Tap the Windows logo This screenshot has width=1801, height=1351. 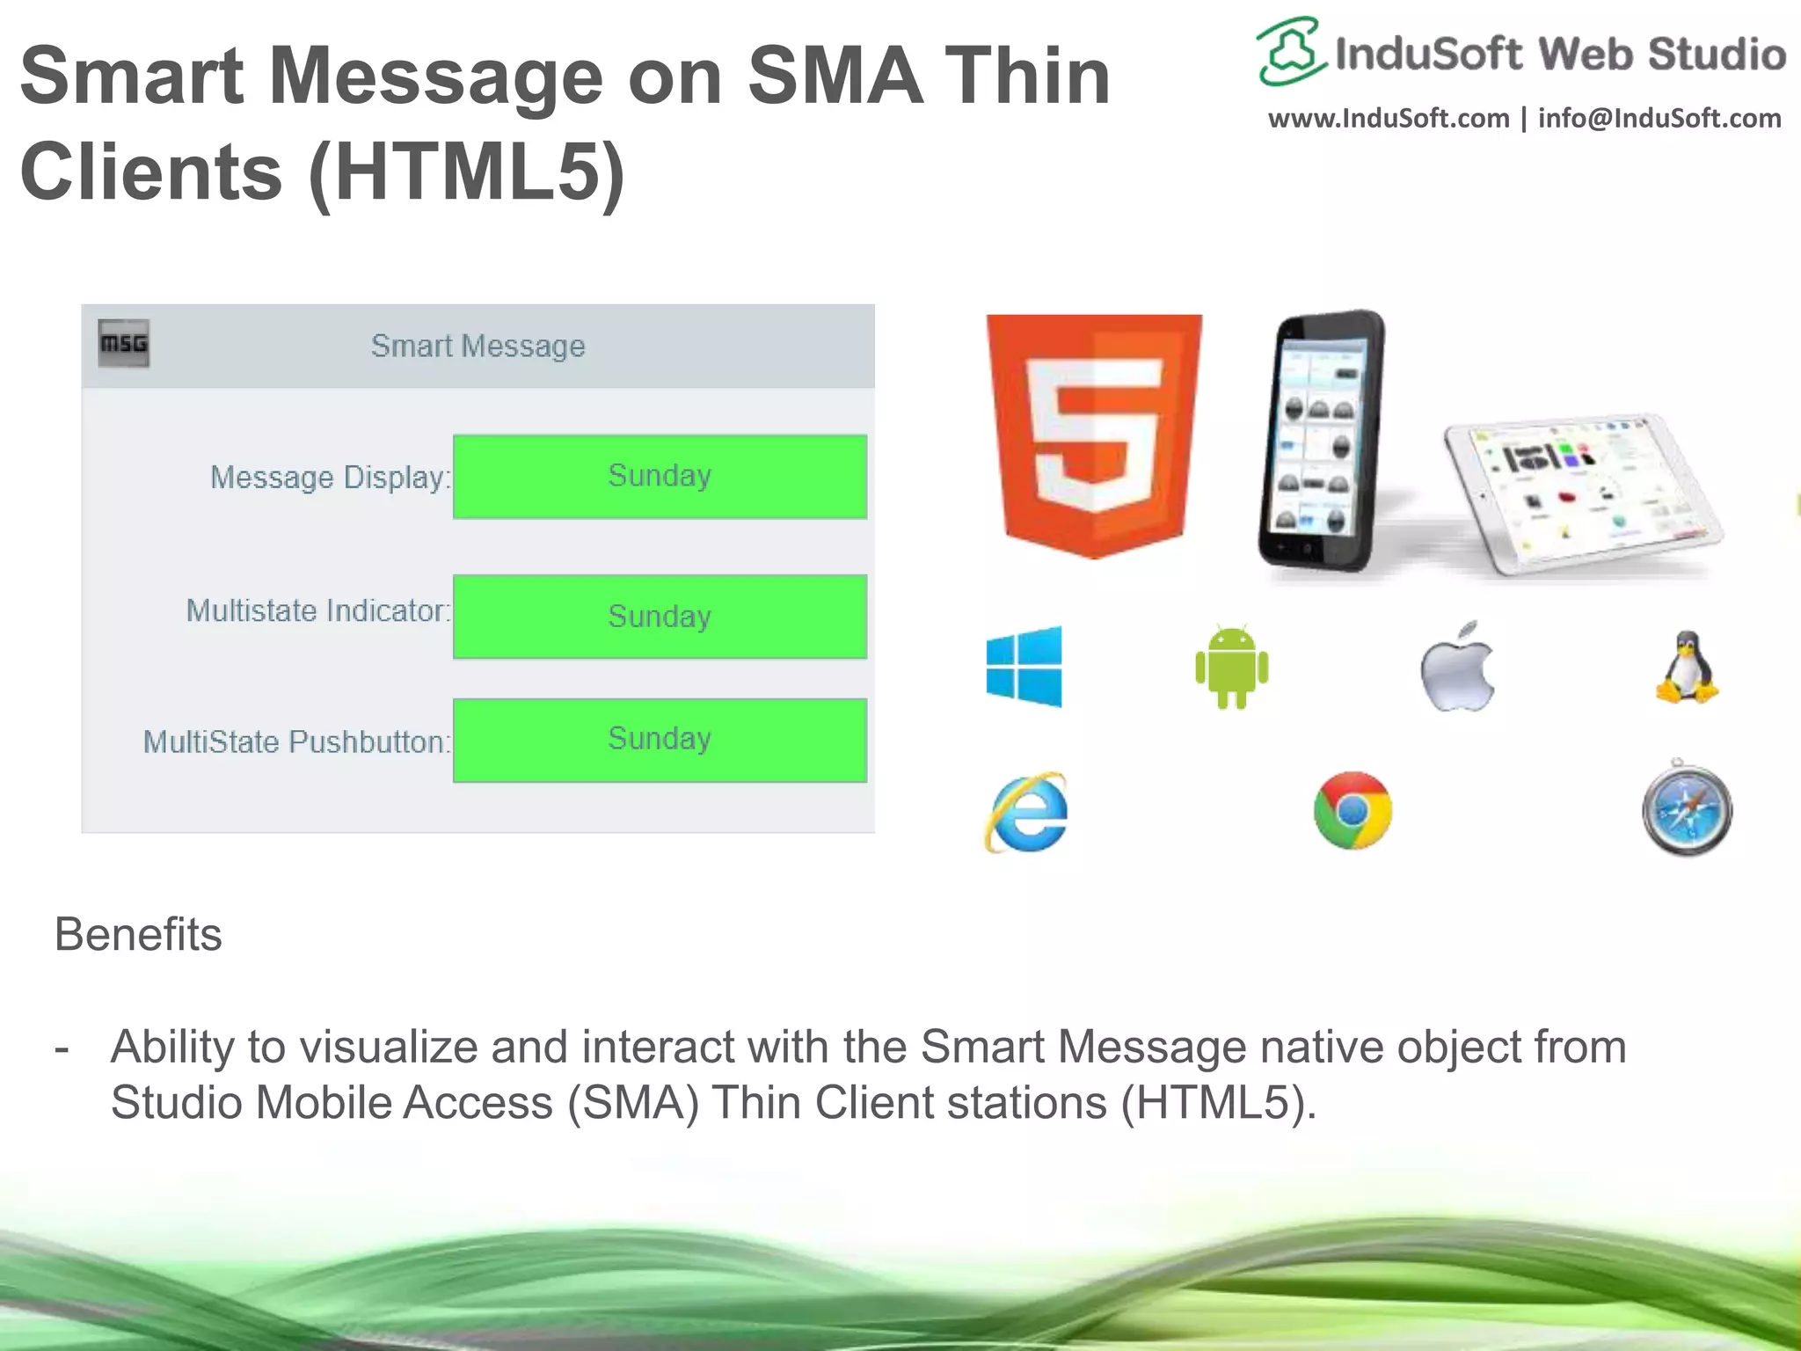coord(1024,666)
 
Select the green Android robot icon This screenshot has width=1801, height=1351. coord(1231,667)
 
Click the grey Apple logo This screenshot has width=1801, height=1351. coord(1457,668)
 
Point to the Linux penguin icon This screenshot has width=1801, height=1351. coord(1687,668)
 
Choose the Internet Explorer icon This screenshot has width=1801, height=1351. coord(1026,812)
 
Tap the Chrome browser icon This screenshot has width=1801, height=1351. coord(1353,810)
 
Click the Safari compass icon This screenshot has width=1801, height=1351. coord(1687,808)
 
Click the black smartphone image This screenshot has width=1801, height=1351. coord(1319,440)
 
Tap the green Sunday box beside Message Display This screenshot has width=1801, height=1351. coord(660,476)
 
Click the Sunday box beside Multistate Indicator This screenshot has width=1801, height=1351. coord(660,617)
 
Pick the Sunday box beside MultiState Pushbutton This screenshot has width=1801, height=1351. coord(660,740)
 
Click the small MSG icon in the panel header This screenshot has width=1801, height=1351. coord(123,343)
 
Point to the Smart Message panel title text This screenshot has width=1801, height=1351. coord(478,346)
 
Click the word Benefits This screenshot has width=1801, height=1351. coord(138,934)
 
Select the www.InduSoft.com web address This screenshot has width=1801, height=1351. coord(1389,118)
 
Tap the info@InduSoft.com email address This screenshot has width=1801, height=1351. coord(1659,118)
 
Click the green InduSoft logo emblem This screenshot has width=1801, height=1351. coord(1291,51)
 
